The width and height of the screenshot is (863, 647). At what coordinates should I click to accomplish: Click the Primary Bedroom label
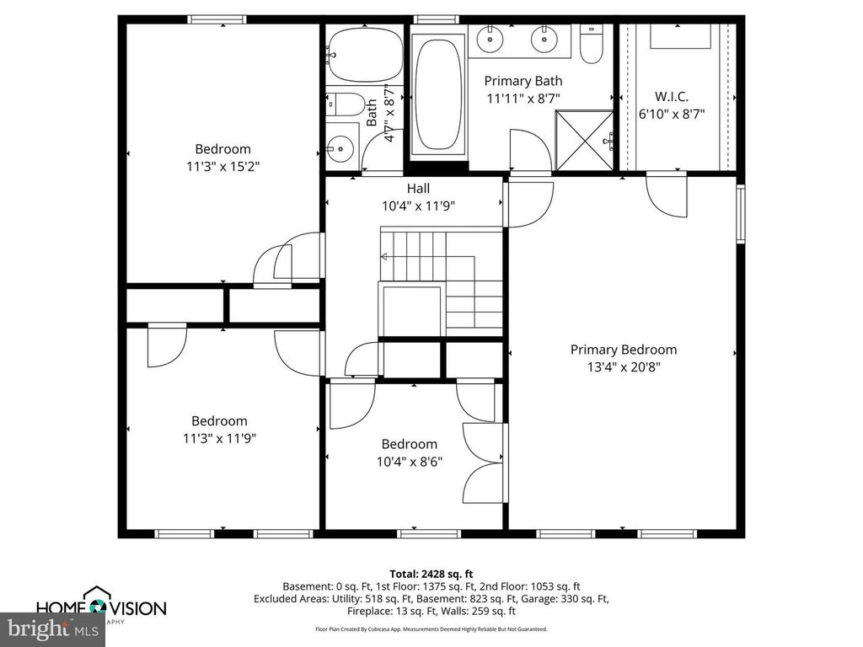623,350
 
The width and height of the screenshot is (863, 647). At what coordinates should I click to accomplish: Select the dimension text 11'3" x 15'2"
223,167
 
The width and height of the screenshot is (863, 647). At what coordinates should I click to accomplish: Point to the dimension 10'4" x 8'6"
410,462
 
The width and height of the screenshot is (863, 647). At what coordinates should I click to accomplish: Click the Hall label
418,189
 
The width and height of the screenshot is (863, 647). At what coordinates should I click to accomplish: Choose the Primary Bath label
524,82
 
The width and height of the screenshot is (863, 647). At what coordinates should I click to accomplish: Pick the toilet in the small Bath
344,104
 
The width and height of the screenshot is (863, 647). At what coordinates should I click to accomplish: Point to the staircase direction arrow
384,257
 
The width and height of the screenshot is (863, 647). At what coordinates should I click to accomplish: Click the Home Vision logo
101,606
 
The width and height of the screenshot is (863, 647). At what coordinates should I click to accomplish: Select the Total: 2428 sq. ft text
431,573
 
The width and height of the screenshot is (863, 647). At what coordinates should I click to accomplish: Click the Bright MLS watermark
52,628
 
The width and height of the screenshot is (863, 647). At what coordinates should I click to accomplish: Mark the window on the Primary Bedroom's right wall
742,214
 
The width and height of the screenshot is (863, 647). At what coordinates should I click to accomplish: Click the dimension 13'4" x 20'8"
623,367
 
